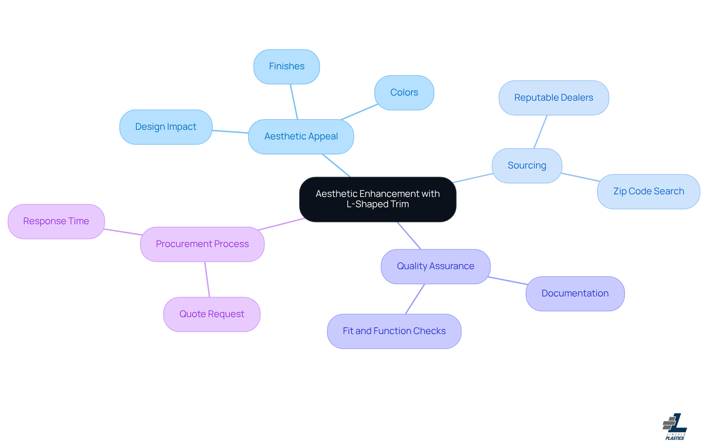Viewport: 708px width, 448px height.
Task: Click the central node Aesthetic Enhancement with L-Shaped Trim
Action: [378, 199]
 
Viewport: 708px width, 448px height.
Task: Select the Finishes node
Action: [287, 66]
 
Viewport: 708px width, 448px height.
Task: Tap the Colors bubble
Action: [404, 93]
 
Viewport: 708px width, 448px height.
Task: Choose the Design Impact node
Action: [166, 127]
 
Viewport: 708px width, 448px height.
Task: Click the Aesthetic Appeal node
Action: [301, 136]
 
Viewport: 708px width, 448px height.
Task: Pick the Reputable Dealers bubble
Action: [553, 98]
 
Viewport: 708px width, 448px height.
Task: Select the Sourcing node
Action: [527, 166]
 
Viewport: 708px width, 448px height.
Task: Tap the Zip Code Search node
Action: [648, 191]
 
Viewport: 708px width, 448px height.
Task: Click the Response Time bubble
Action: [56, 221]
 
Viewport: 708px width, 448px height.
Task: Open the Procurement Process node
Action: [202, 244]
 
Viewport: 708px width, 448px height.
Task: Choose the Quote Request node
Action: [212, 314]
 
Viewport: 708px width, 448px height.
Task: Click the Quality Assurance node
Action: [435, 266]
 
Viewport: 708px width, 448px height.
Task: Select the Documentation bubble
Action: [575, 294]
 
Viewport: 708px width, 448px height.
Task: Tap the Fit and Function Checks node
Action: [394, 331]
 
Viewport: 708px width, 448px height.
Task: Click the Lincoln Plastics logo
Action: [675, 426]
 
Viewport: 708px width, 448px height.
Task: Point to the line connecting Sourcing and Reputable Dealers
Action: [541, 132]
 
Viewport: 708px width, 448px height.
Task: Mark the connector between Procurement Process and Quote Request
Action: [207, 279]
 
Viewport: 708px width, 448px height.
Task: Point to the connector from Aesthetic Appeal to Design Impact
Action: [230, 132]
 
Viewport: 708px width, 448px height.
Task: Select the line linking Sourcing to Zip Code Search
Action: [580, 177]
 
